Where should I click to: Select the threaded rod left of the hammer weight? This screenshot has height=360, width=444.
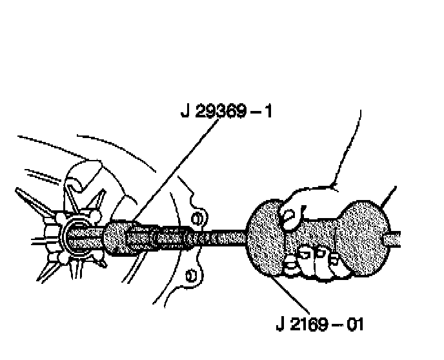[219, 237]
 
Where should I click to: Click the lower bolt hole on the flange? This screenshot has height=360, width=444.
[191, 276]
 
